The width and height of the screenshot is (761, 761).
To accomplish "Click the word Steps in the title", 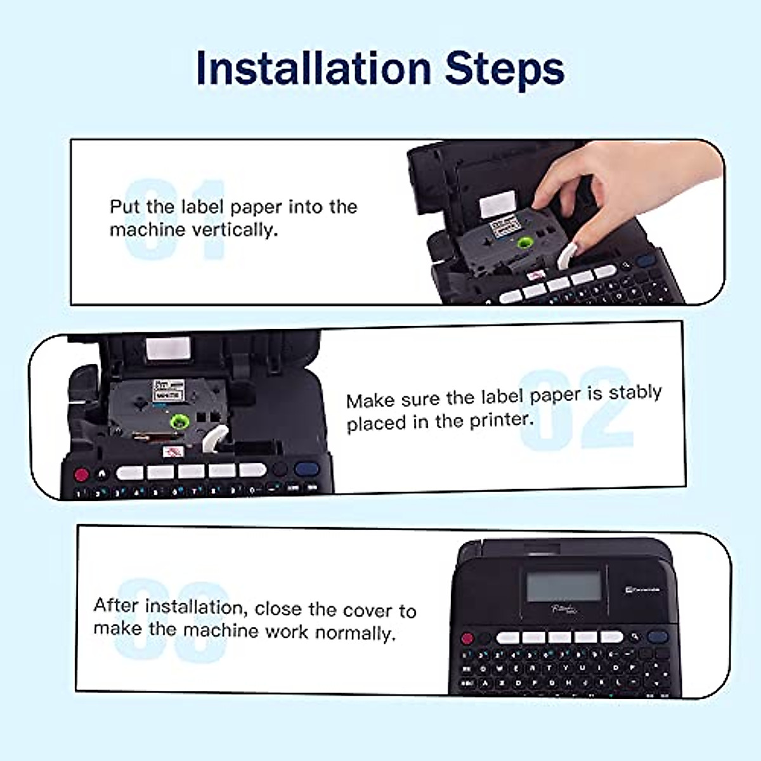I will [504, 68].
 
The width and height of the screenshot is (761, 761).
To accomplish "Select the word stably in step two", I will [635, 393].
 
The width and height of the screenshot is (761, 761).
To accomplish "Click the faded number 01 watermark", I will [174, 219].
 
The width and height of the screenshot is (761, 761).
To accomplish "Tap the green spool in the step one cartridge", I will [526, 243].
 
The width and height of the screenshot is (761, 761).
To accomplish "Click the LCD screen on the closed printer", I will [564, 585].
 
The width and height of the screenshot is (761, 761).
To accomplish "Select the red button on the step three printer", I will [467, 637].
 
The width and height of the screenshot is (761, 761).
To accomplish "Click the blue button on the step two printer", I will [307, 470].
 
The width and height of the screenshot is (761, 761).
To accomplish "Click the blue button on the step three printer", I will [658, 637].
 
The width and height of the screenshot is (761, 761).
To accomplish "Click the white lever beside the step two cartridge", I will [214, 438].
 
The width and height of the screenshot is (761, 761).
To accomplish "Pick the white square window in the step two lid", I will [168, 349].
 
